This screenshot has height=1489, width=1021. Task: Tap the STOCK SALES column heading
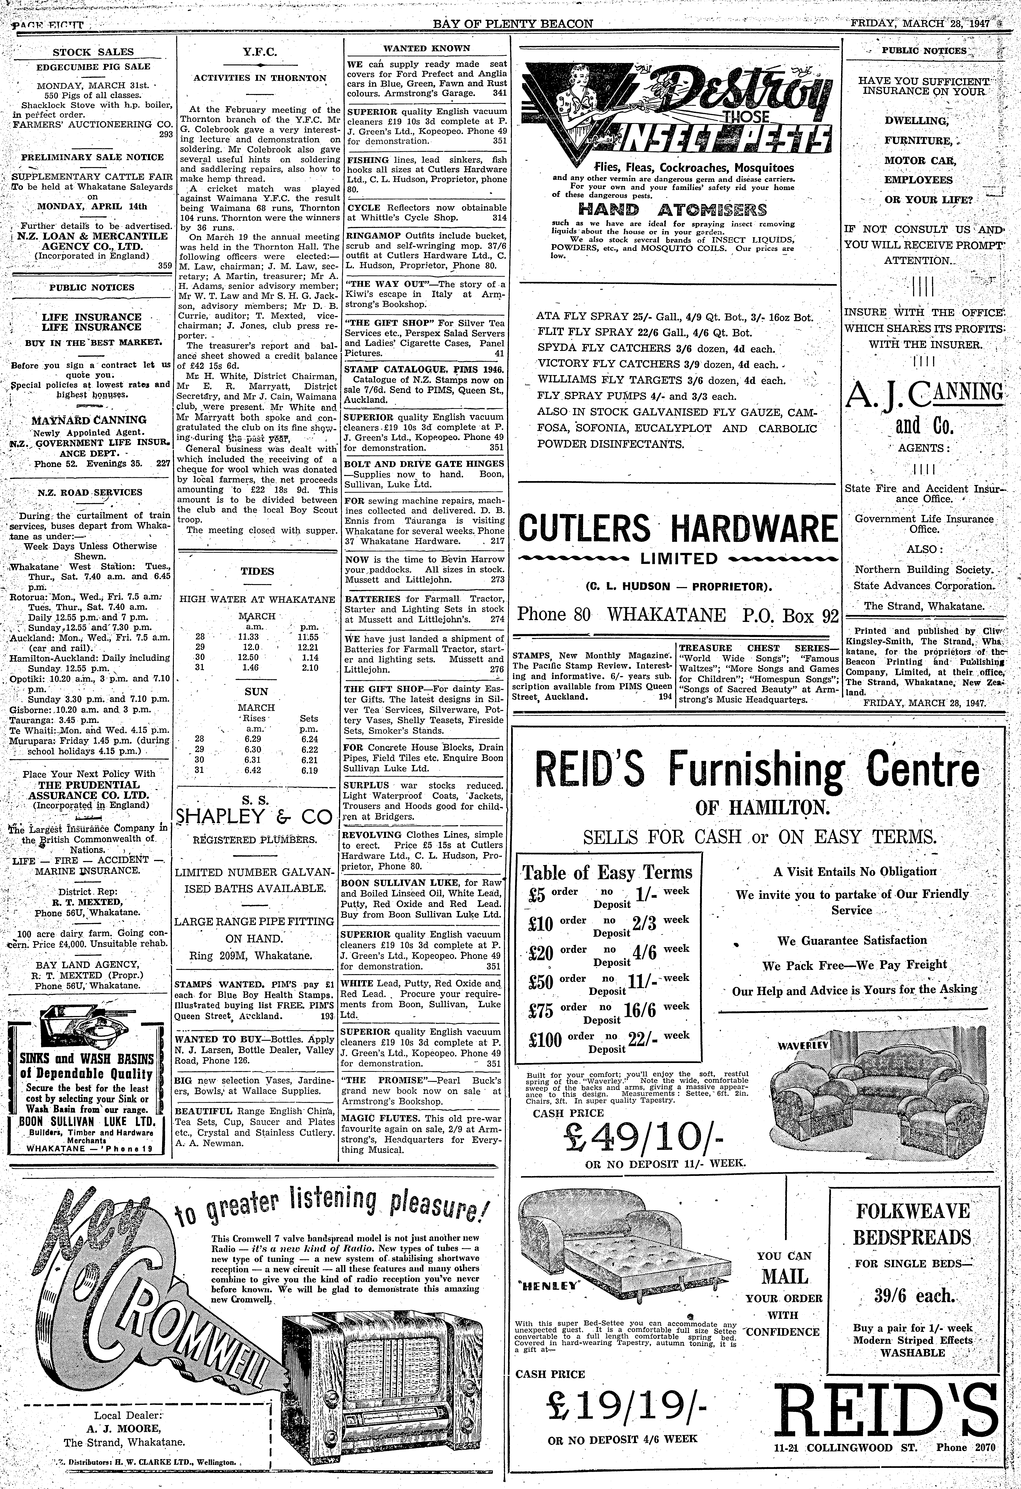pos(93,52)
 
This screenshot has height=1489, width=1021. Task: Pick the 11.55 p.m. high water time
pos(309,637)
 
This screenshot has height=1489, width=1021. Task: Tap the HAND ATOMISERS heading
pos(672,210)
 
